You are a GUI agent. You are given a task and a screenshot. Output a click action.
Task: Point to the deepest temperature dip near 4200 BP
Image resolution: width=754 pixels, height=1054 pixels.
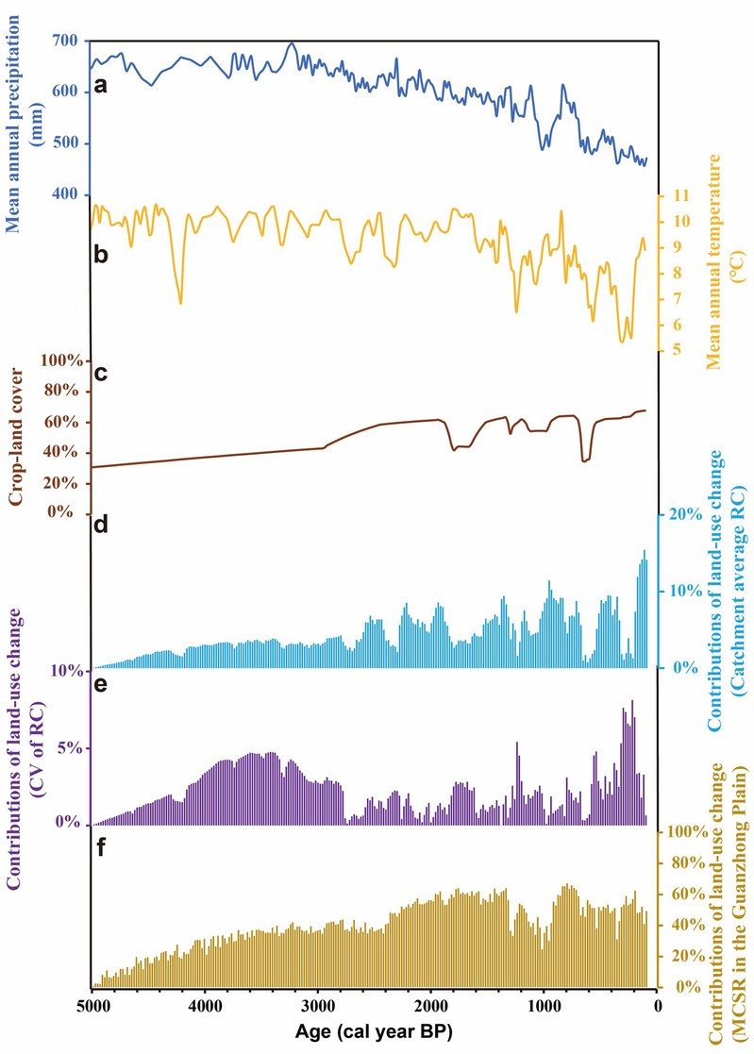[x=180, y=302]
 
